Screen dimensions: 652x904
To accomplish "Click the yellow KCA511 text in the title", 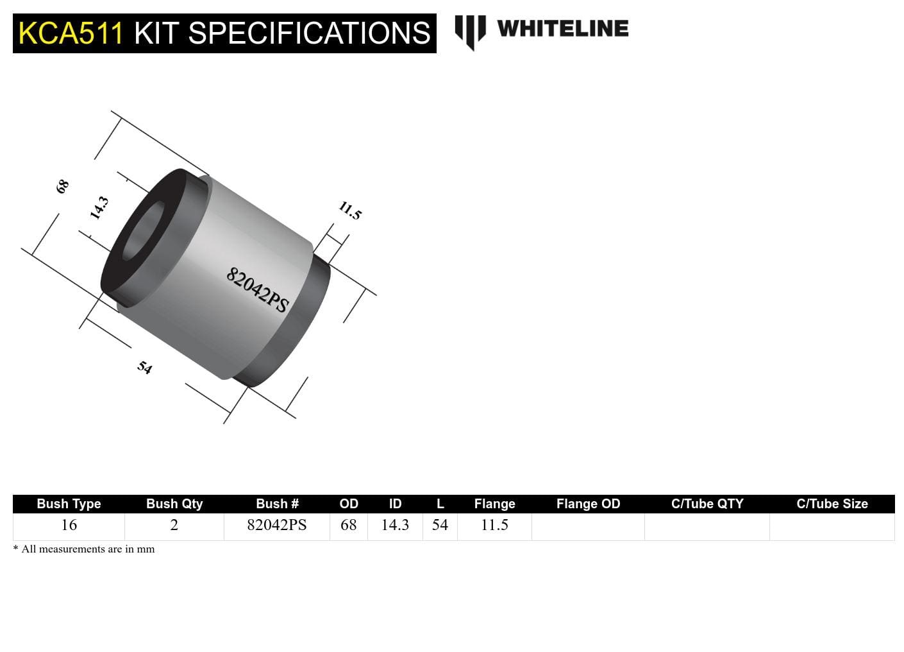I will tap(71, 33).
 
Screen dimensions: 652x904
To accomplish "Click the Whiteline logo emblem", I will tap(470, 31).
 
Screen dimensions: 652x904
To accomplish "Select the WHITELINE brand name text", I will tap(562, 29).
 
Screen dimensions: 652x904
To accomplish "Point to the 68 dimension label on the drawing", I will tap(62, 187).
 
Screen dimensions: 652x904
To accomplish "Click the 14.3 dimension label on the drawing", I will tap(99, 208).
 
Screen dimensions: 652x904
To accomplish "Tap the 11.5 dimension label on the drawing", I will tap(350, 210).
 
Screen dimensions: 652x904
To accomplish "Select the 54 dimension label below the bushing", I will tap(145, 367).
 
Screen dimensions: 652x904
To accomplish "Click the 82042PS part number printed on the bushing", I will tap(257, 290).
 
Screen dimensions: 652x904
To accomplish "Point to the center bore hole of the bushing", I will tap(143, 231).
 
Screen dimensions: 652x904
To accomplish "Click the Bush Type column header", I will tap(69, 504).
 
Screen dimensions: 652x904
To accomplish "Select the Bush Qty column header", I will tap(174, 504).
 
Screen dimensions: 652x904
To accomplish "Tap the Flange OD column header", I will tap(588, 504).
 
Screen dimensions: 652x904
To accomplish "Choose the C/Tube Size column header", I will tap(832, 504).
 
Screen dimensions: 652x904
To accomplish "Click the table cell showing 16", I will tap(69, 525).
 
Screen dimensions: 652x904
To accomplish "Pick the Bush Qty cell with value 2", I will tap(174, 525).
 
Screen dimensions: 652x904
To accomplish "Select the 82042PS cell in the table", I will tap(277, 525).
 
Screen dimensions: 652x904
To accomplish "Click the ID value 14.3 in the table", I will tap(395, 525).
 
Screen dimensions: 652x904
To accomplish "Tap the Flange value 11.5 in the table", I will tap(494, 525).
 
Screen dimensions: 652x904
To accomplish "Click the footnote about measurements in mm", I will tap(84, 549).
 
